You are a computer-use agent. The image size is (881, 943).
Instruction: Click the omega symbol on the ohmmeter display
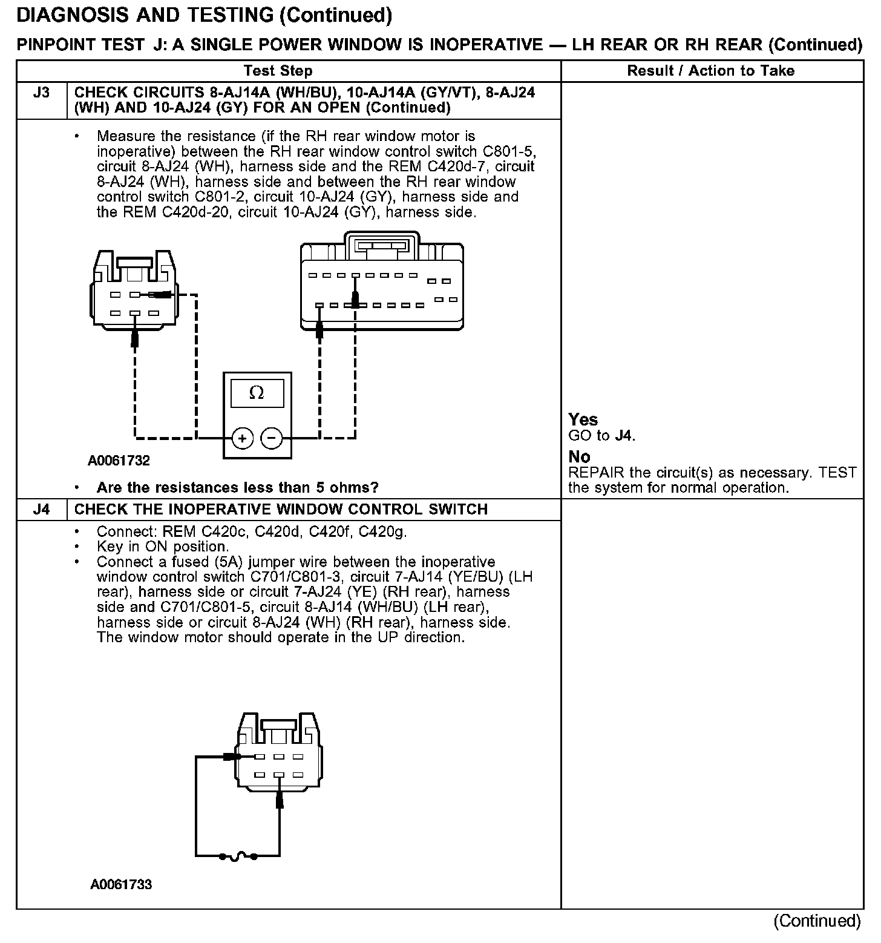(x=257, y=393)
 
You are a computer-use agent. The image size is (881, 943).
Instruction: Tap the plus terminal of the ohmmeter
(x=242, y=438)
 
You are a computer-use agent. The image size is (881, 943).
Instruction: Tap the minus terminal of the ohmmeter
(x=272, y=438)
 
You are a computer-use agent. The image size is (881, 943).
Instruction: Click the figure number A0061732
(x=119, y=461)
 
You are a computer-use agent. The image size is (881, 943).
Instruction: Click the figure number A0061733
(x=121, y=885)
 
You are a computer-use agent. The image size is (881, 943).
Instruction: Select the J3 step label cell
(x=41, y=93)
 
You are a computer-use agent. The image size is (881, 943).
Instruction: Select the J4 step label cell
(x=41, y=510)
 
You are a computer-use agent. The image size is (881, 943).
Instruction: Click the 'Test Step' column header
(x=278, y=71)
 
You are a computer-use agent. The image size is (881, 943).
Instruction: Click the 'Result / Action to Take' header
(x=711, y=71)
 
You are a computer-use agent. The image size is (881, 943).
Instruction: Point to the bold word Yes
(x=583, y=420)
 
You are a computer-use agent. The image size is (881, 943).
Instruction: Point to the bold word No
(x=580, y=457)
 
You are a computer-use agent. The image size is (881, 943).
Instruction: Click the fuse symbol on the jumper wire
(x=238, y=856)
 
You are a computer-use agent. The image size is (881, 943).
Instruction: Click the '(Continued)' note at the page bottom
(x=817, y=921)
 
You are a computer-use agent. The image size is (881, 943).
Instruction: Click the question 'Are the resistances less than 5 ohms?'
(x=238, y=488)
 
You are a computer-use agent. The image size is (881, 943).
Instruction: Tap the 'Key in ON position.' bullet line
(x=163, y=547)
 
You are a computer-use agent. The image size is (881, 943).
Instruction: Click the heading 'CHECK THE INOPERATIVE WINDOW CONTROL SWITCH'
(x=281, y=510)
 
